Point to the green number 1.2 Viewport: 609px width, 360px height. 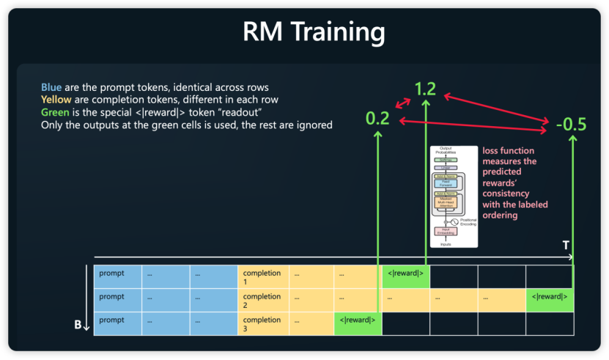pos(425,89)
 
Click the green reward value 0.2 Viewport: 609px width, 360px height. pos(377,118)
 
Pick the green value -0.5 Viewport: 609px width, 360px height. pos(571,125)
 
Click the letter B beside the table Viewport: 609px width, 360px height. pos(78,324)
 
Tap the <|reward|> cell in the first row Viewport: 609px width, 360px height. pos(405,274)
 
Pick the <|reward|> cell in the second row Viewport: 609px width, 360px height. pos(549,297)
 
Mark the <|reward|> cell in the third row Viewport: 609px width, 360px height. pos(358,320)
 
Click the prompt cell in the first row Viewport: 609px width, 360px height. pos(117,274)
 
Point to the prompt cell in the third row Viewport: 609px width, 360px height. pos(117,320)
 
